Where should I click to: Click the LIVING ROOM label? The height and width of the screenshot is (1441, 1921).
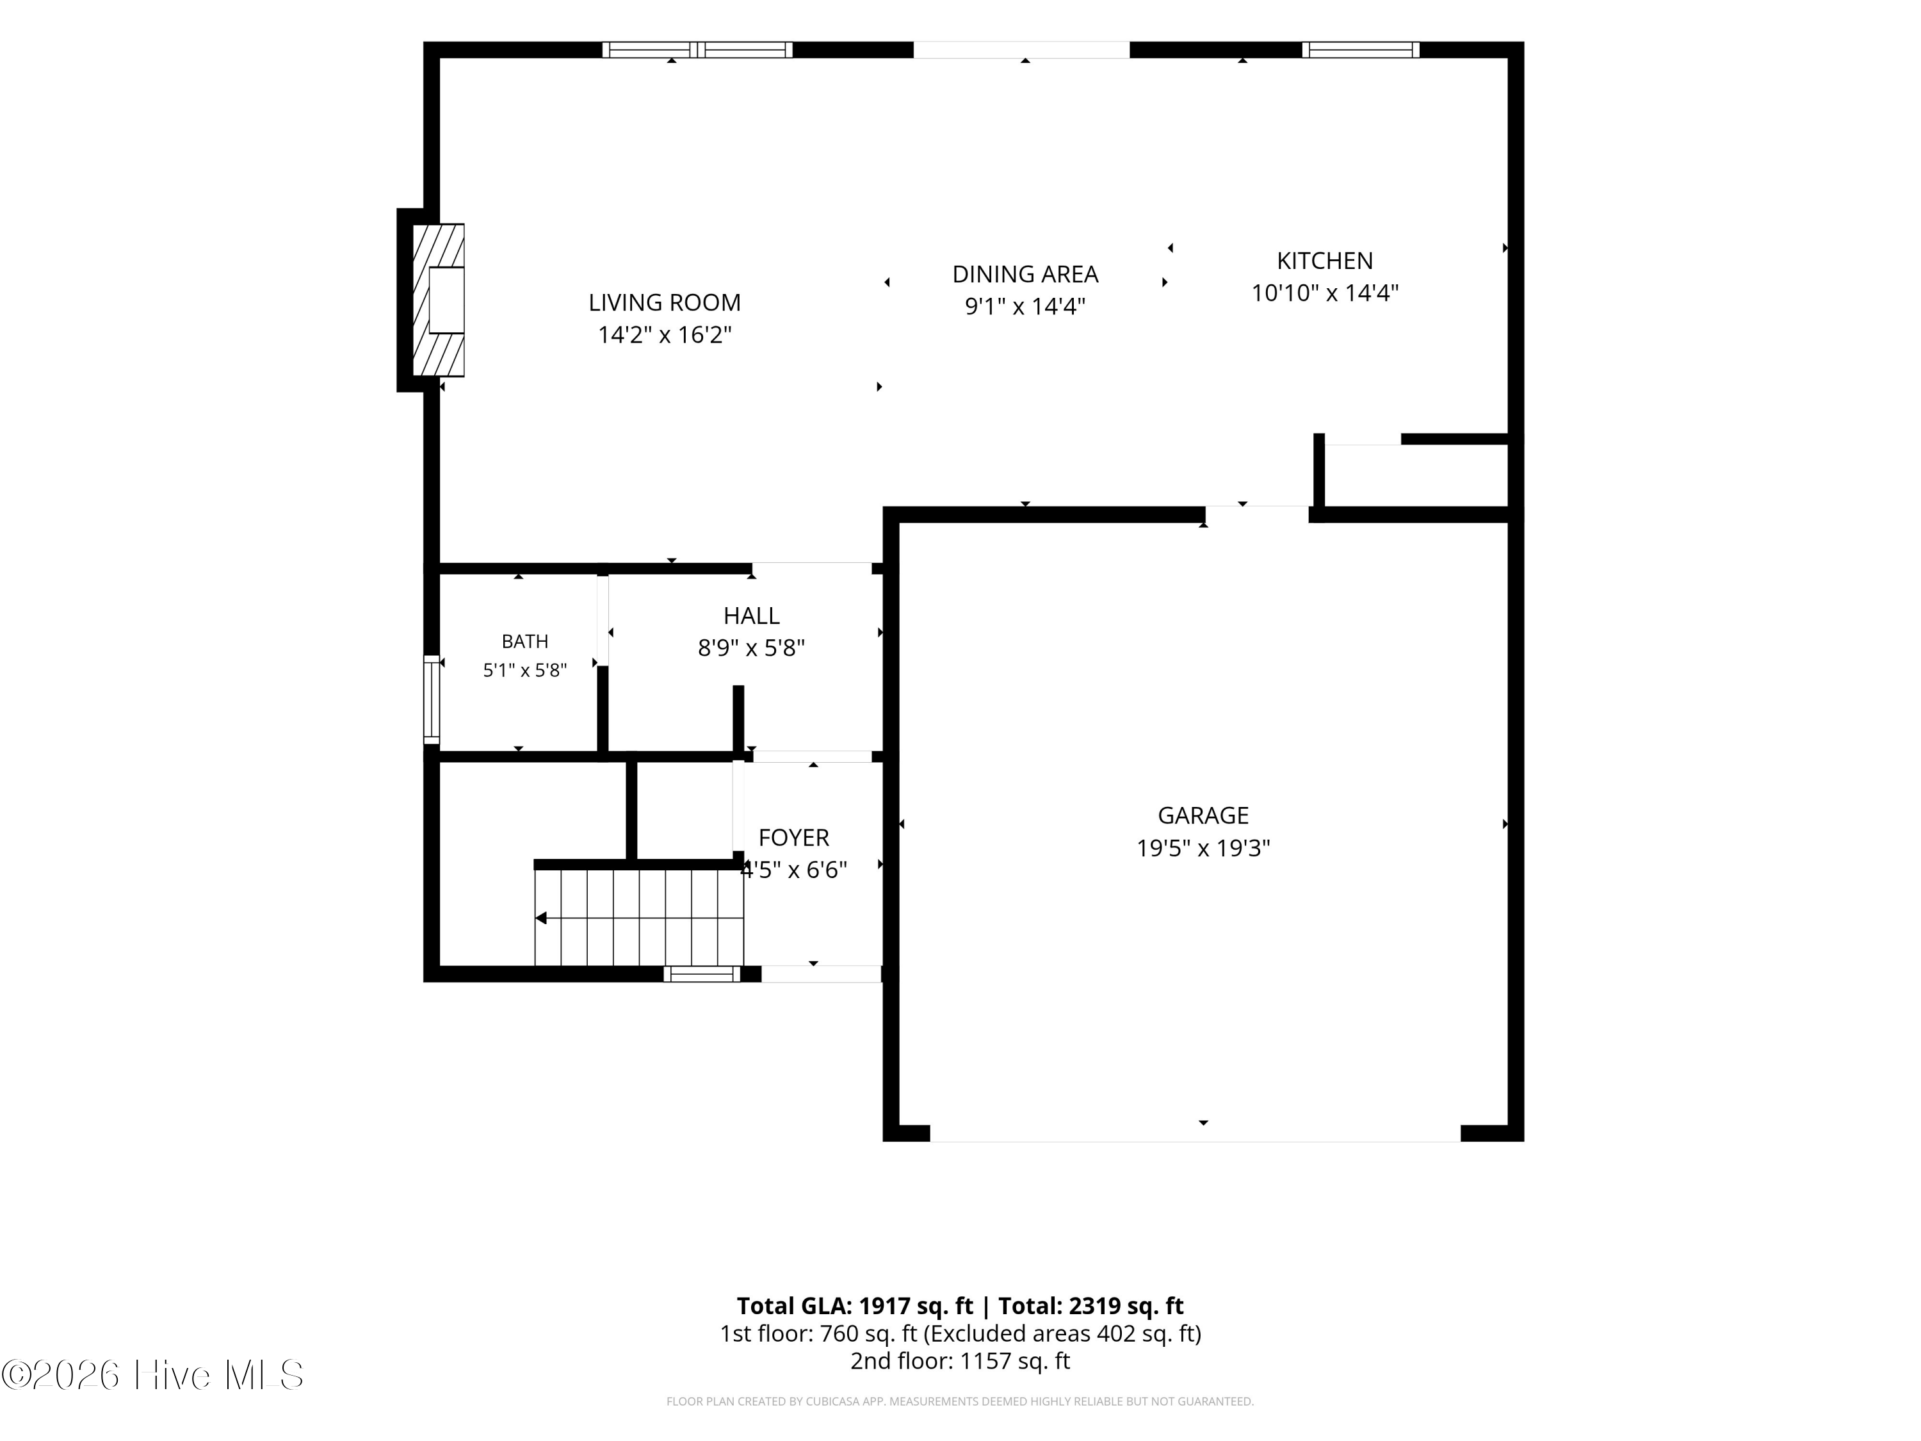[x=665, y=302]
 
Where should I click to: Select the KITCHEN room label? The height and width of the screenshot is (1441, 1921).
[x=1324, y=261]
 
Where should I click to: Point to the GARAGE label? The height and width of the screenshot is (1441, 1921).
[x=1203, y=816]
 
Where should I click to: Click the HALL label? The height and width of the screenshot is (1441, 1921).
[x=751, y=616]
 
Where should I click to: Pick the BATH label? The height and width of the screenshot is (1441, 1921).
[x=524, y=642]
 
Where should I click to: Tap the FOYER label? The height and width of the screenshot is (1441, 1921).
[x=794, y=837]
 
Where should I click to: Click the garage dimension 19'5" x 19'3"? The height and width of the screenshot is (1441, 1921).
[x=1203, y=848]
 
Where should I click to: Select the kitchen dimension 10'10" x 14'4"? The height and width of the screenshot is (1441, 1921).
[x=1324, y=293]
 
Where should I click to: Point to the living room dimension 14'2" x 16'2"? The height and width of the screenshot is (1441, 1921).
[x=665, y=334]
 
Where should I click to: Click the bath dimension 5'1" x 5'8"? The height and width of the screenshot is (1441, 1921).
[x=524, y=671]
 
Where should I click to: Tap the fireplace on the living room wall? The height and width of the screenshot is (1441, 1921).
[x=439, y=300]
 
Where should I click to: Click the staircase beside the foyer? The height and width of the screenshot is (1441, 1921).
[x=639, y=917]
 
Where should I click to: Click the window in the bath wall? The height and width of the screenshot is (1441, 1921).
[x=432, y=699]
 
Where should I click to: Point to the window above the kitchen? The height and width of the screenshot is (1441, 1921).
[x=1361, y=49]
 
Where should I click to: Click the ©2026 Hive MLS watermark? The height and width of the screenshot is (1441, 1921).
[x=153, y=1375]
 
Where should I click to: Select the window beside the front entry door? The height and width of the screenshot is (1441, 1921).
[x=702, y=973]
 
